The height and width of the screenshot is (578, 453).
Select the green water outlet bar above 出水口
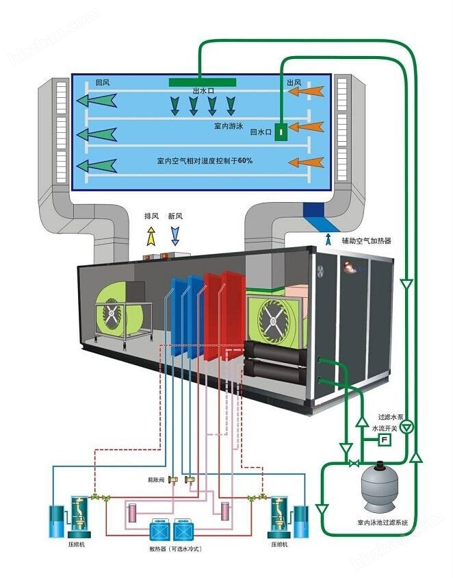tap(203, 82)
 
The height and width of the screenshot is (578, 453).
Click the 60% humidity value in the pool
tap(246, 161)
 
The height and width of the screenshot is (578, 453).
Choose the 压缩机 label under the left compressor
tap(77, 545)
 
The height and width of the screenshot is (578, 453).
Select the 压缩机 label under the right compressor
tap(281, 545)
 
